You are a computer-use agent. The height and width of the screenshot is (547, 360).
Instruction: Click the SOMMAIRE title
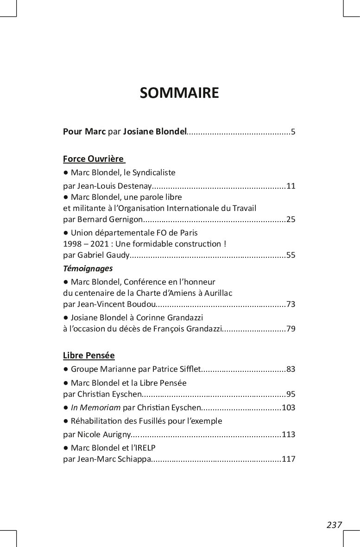pos(179,93)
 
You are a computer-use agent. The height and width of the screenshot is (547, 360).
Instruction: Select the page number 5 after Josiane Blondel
pos(293,132)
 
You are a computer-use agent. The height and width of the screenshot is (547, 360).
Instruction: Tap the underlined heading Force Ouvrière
pos(93,159)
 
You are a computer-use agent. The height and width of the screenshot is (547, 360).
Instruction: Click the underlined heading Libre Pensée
pos(89,356)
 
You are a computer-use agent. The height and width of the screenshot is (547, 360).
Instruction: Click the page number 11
pos(291,186)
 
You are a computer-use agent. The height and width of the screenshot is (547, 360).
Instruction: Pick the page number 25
pos(291,219)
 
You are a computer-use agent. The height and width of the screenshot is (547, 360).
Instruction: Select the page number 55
pos(291,255)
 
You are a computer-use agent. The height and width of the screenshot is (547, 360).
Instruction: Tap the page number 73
pos(291,305)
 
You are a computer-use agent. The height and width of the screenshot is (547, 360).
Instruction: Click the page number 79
pos(291,329)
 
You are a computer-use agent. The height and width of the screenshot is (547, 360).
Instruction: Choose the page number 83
pos(291,369)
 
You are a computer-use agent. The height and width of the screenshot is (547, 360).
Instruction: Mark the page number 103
pos(289,408)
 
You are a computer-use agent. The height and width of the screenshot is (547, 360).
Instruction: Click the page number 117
pos(289,460)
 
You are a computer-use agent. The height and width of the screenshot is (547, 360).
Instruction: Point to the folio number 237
pos(334,525)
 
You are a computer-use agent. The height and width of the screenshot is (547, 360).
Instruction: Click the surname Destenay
pos(135,186)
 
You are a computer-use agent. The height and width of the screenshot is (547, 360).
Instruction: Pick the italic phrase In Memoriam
pos(95,408)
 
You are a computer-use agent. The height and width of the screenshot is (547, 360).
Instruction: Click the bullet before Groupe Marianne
pos(66,369)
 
